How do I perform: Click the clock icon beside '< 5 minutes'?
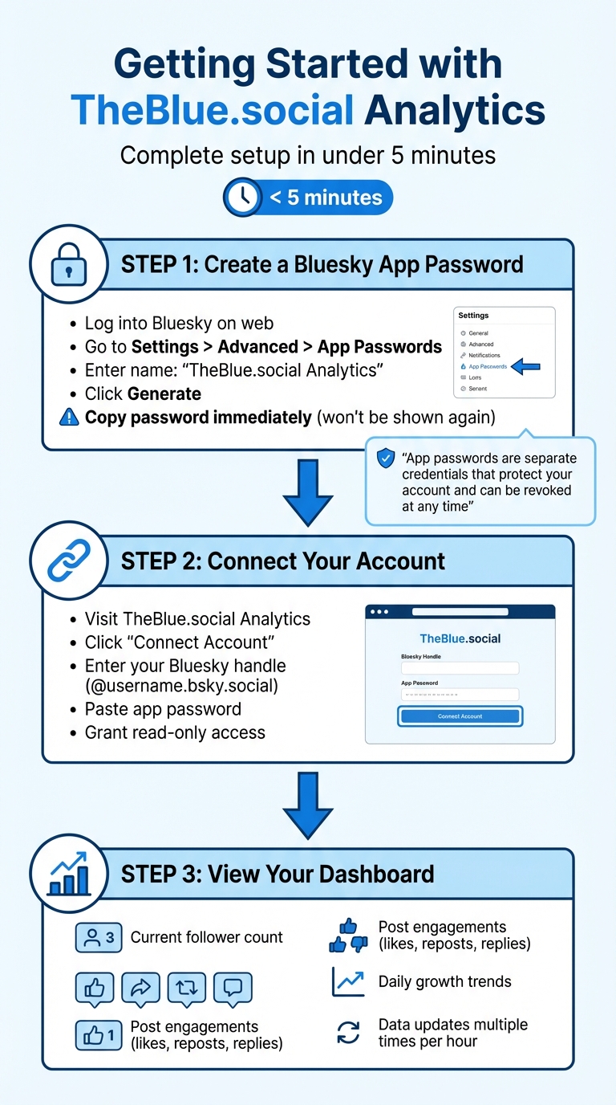243,197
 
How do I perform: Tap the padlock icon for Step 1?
68,264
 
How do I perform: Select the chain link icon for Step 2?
68,561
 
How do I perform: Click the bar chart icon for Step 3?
68,875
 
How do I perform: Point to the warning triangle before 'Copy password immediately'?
70,418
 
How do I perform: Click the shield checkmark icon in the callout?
385,459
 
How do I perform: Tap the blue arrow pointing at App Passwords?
526,366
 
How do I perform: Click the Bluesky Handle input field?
460,668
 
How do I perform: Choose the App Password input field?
460,695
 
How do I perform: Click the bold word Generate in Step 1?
164,393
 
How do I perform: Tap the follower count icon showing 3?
99,937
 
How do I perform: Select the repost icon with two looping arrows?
187,989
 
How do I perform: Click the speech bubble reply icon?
233,989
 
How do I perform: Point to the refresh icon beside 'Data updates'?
348,1033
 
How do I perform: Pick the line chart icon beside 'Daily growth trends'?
348,981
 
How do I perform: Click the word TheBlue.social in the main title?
213,110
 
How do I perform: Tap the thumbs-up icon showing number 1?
99,1034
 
